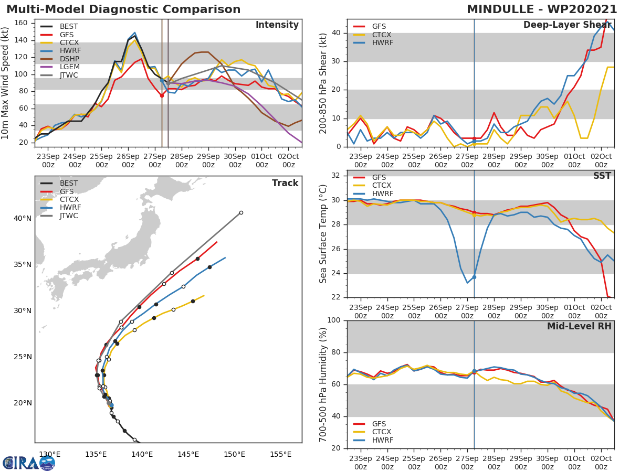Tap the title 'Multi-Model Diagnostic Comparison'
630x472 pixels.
[123, 9]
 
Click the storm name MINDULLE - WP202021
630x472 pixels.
[542, 9]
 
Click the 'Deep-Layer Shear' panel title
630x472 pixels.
[567, 25]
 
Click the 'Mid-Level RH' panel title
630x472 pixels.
[579, 326]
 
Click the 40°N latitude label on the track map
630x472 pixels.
[22, 218]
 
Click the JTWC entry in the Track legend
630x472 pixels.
[69, 216]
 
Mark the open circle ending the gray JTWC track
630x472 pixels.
[241, 212]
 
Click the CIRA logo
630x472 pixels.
[28, 463]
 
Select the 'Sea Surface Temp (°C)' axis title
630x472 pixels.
[323, 234]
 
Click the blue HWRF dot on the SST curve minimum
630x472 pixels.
[474, 277]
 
